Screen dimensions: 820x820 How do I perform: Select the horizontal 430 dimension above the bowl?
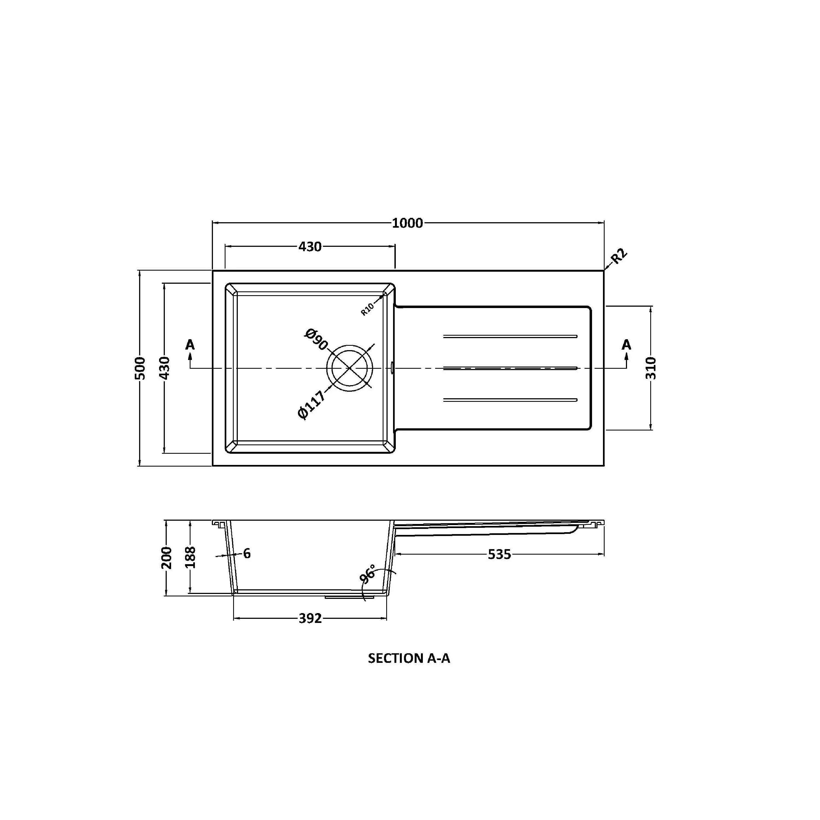tap(310, 247)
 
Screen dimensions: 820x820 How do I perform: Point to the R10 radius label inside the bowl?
tap(367, 309)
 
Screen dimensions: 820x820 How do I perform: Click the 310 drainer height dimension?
tap(651, 368)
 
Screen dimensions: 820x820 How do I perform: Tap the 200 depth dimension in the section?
tap(166, 558)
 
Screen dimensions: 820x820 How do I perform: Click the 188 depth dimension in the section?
tap(190, 557)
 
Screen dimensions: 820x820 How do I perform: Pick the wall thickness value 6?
tap(247, 553)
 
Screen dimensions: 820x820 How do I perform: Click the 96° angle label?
tap(368, 574)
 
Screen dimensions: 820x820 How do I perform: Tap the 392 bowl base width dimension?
tap(310, 618)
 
